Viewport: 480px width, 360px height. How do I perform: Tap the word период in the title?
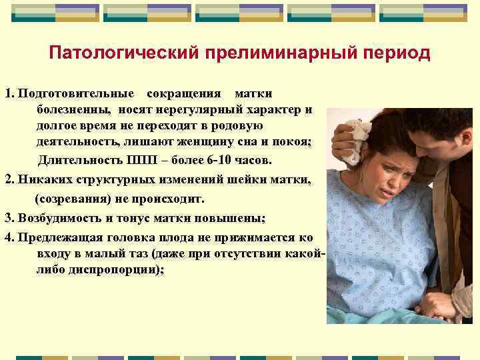point(397,53)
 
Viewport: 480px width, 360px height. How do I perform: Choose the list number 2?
point(9,179)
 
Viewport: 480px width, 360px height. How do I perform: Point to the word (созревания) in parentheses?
point(70,198)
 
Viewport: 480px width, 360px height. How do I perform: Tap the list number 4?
point(9,237)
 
